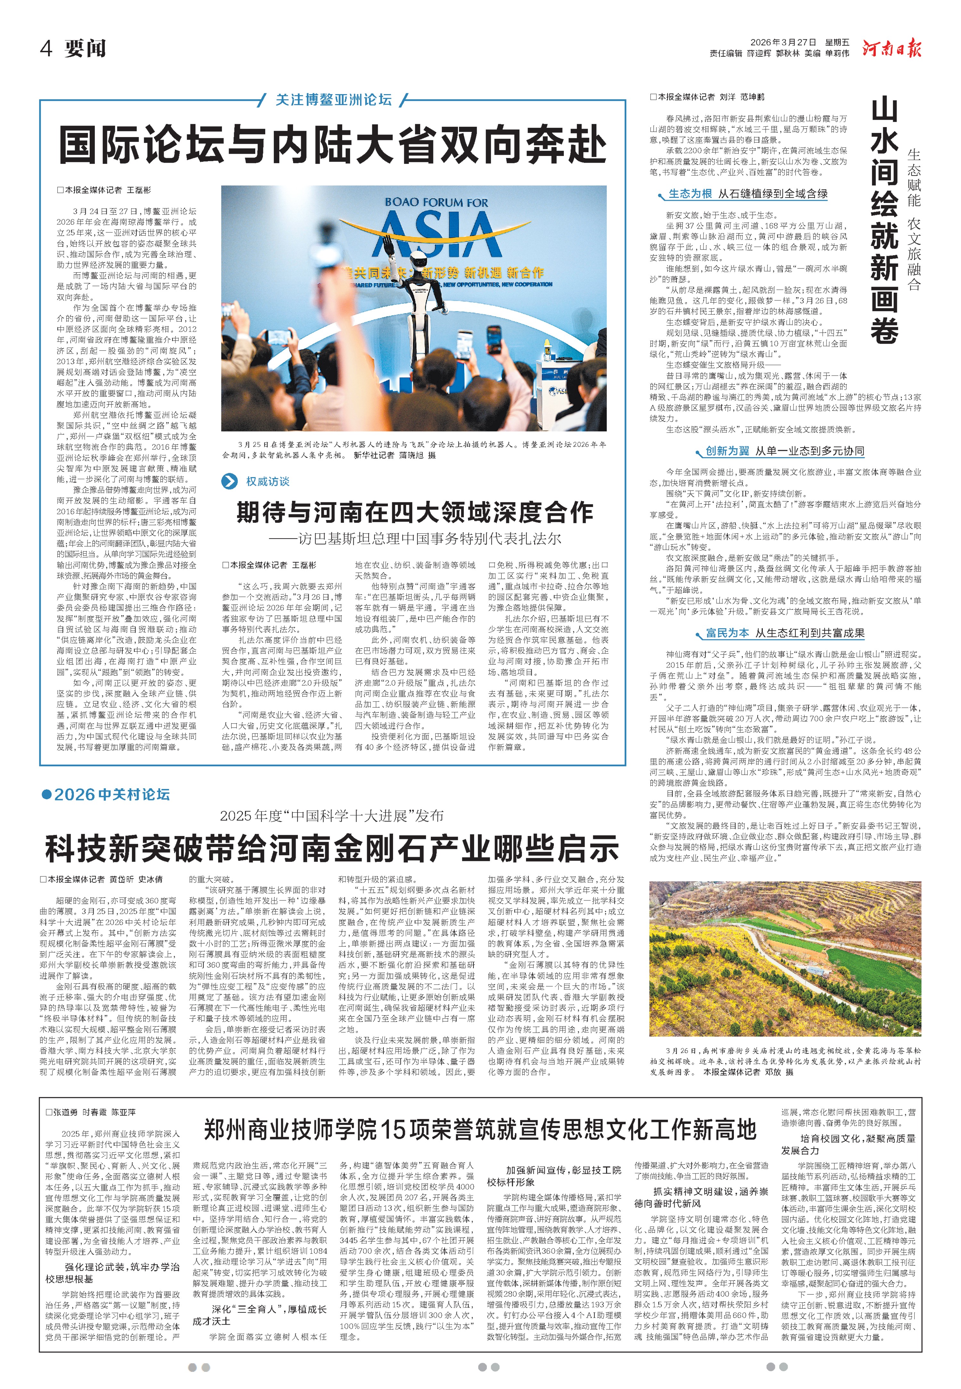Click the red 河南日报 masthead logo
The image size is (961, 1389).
click(891, 48)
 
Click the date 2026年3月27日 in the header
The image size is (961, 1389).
click(783, 42)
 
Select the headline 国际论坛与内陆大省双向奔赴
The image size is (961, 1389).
click(333, 144)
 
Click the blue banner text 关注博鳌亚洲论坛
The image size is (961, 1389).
click(333, 99)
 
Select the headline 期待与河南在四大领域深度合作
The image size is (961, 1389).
click(414, 512)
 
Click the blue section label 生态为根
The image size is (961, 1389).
click(690, 194)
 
